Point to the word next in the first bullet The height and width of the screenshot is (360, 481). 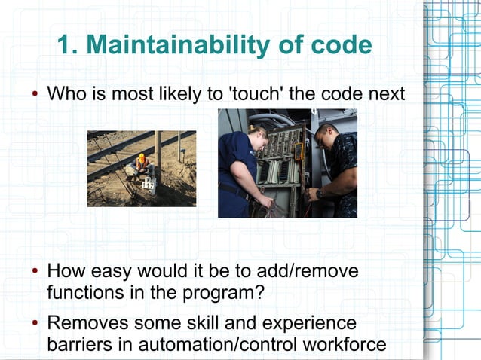385,96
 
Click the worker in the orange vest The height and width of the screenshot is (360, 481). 140,164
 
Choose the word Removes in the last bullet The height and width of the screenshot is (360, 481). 82,324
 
